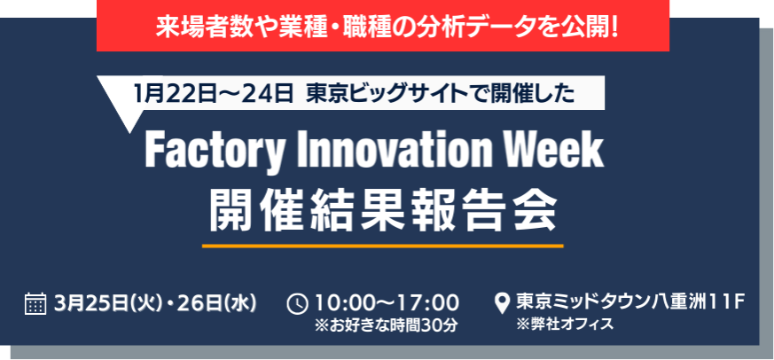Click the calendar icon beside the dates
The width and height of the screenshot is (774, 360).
coord(35,303)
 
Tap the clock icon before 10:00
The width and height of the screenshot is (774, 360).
coord(298,304)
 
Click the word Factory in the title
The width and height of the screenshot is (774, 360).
coord(215,153)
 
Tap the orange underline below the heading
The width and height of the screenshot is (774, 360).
coord(382,246)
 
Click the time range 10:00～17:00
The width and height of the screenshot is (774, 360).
coord(387,303)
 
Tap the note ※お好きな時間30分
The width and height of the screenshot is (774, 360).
coord(387,326)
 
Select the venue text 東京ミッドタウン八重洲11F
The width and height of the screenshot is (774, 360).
coord(629,302)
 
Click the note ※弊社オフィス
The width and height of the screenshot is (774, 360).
coord(565,325)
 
